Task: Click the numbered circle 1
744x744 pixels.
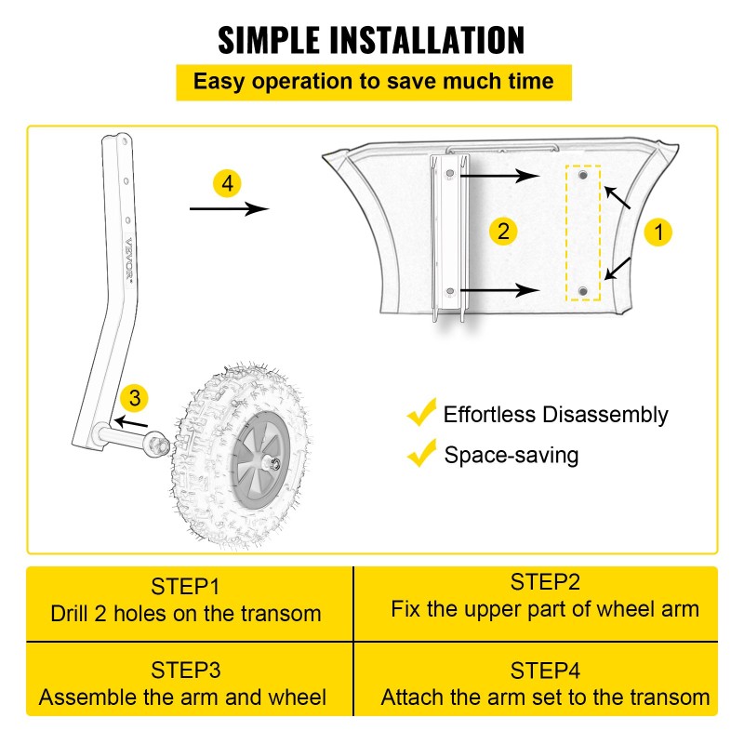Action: [658, 232]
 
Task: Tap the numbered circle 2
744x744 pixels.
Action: [503, 231]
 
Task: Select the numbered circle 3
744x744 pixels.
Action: [135, 399]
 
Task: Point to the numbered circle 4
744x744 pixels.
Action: [228, 182]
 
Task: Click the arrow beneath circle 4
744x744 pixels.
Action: [229, 209]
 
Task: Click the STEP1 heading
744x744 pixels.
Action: [185, 587]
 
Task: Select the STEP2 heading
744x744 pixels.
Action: [544, 583]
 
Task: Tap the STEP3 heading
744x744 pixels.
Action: [185, 670]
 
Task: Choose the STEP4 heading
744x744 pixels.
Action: [544, 670]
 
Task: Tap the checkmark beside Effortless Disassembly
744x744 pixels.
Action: [422, 412]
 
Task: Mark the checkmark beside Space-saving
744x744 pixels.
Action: [422, 454]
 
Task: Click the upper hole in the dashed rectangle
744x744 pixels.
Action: [583, 176]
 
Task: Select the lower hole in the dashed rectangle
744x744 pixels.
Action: [583, 292]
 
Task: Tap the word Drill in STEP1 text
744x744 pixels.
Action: [73, 614]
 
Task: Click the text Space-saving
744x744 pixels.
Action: [511, 455]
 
